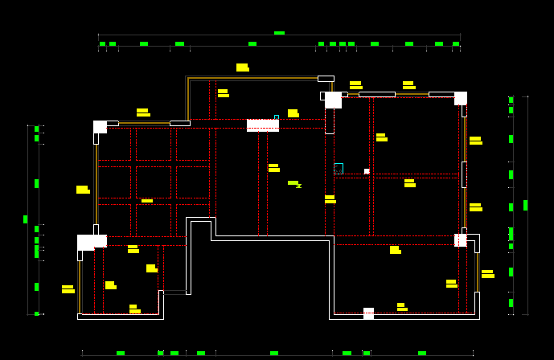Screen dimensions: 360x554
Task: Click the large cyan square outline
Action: tap(339, 168)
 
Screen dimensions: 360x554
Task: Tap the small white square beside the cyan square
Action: tap(367, 171)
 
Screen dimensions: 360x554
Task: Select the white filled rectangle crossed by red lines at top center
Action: tap(263, 125)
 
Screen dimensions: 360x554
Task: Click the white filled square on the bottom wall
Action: tap(368, 313)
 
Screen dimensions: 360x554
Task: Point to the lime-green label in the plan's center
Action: tap(293, 183)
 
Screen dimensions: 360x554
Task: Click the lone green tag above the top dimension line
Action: tap(279, 33)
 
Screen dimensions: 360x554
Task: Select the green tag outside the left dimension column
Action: tap(25, 219)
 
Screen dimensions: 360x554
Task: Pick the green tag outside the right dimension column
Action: tap(525, 205)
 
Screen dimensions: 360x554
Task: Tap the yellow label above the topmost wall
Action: tap(242, 67)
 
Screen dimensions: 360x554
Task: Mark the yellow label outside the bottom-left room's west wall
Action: tap(68, 288)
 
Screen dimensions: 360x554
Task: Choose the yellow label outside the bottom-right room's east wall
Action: tap(487, 274)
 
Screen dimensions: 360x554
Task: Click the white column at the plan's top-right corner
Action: tap(461, 98)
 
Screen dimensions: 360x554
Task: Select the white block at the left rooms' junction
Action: tap(92, 241)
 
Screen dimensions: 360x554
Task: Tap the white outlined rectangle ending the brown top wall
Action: tap(326, 79)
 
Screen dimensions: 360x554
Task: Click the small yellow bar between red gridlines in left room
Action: tap(147, 200)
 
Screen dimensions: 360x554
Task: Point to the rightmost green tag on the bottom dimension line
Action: tap(422, 353)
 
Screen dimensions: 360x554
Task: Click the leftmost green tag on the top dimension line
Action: tap(102, 43)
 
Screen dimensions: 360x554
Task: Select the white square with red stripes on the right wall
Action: tap(460, 239)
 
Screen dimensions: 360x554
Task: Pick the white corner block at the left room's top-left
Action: tap(100, 126)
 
